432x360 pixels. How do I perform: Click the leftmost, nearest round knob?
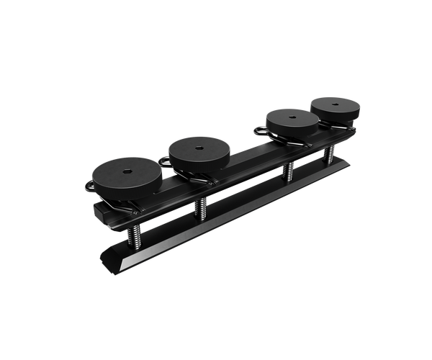point(124,174)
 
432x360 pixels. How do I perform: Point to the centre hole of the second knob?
point(199,148)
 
